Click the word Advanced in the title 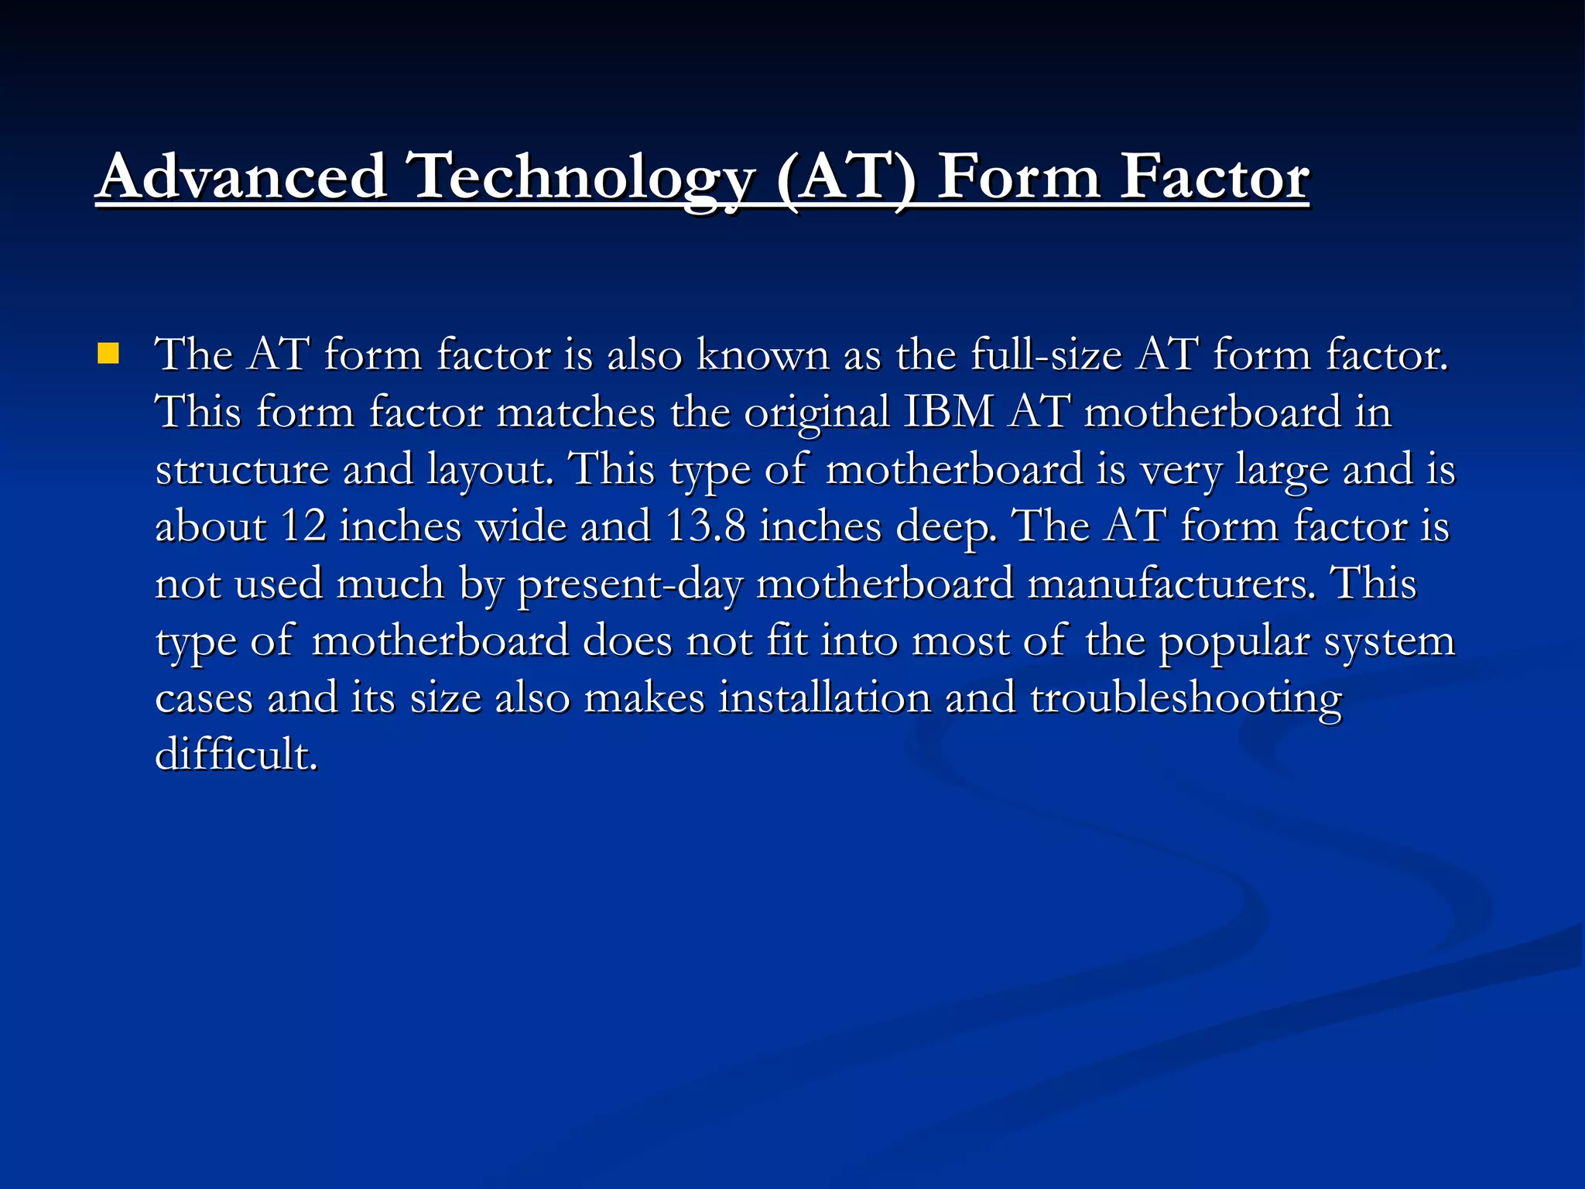[242, 177]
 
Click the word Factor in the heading [1214, 177]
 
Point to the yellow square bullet [108, 355]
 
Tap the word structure [241, 470]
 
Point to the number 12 [303, 526]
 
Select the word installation [824, 697]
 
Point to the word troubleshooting [1186, 699]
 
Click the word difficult [236, 755]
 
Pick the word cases [204, 699]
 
